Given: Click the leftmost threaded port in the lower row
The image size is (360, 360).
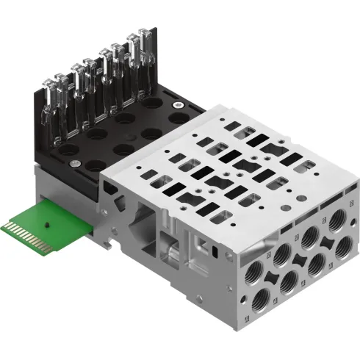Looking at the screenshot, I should pyautogui.click(x=260, y=298).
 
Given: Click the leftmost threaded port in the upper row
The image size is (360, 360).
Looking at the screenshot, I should pyautogui.click(x=281, y=254).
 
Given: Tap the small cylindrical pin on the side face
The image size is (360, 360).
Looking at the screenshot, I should pyautogui.click(x=172, y=256).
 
